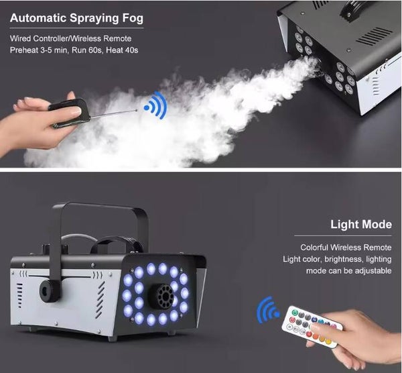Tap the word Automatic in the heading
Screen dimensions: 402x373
[x=38, y=18]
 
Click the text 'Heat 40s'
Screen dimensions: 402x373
[x=122, y=50]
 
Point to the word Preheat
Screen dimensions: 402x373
[x=24, y=50]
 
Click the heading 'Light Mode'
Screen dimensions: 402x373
[x=361, y=224]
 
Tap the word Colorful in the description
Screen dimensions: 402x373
[x=314, y=247]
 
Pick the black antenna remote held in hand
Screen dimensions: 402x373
[x=70, y=113]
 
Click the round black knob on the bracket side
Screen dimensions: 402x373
[x=50, y=291]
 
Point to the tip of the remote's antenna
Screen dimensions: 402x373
[x=137, y=111]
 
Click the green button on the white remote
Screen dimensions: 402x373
[x=294, y=313]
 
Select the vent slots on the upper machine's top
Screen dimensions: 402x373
[x=375, y=36]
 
